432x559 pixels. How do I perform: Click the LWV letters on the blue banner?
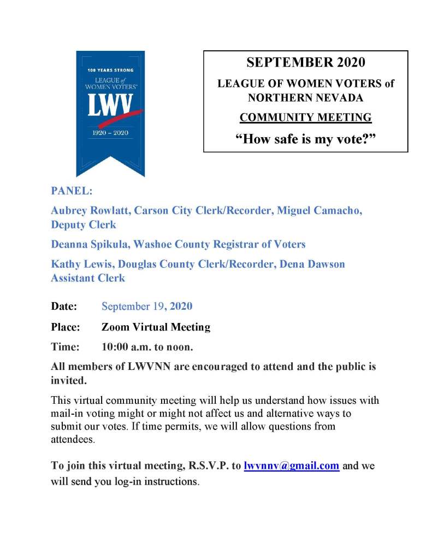(x=109, y=105)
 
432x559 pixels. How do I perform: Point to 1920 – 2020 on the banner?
(x=110, y=133)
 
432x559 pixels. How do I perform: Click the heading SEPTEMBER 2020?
(x=305, y=62)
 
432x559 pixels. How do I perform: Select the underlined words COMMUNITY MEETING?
(x=305, y=117)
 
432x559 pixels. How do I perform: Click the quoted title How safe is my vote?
(x=305, y=138)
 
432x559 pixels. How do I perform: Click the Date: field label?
(x=64, y=306)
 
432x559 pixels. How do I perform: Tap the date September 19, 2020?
(x=147, y=306)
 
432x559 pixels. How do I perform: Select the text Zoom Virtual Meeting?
(x=156, y=327)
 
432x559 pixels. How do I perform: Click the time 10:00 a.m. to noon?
(x=147, y=346)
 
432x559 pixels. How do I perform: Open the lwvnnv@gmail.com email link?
(x=292, y=466)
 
